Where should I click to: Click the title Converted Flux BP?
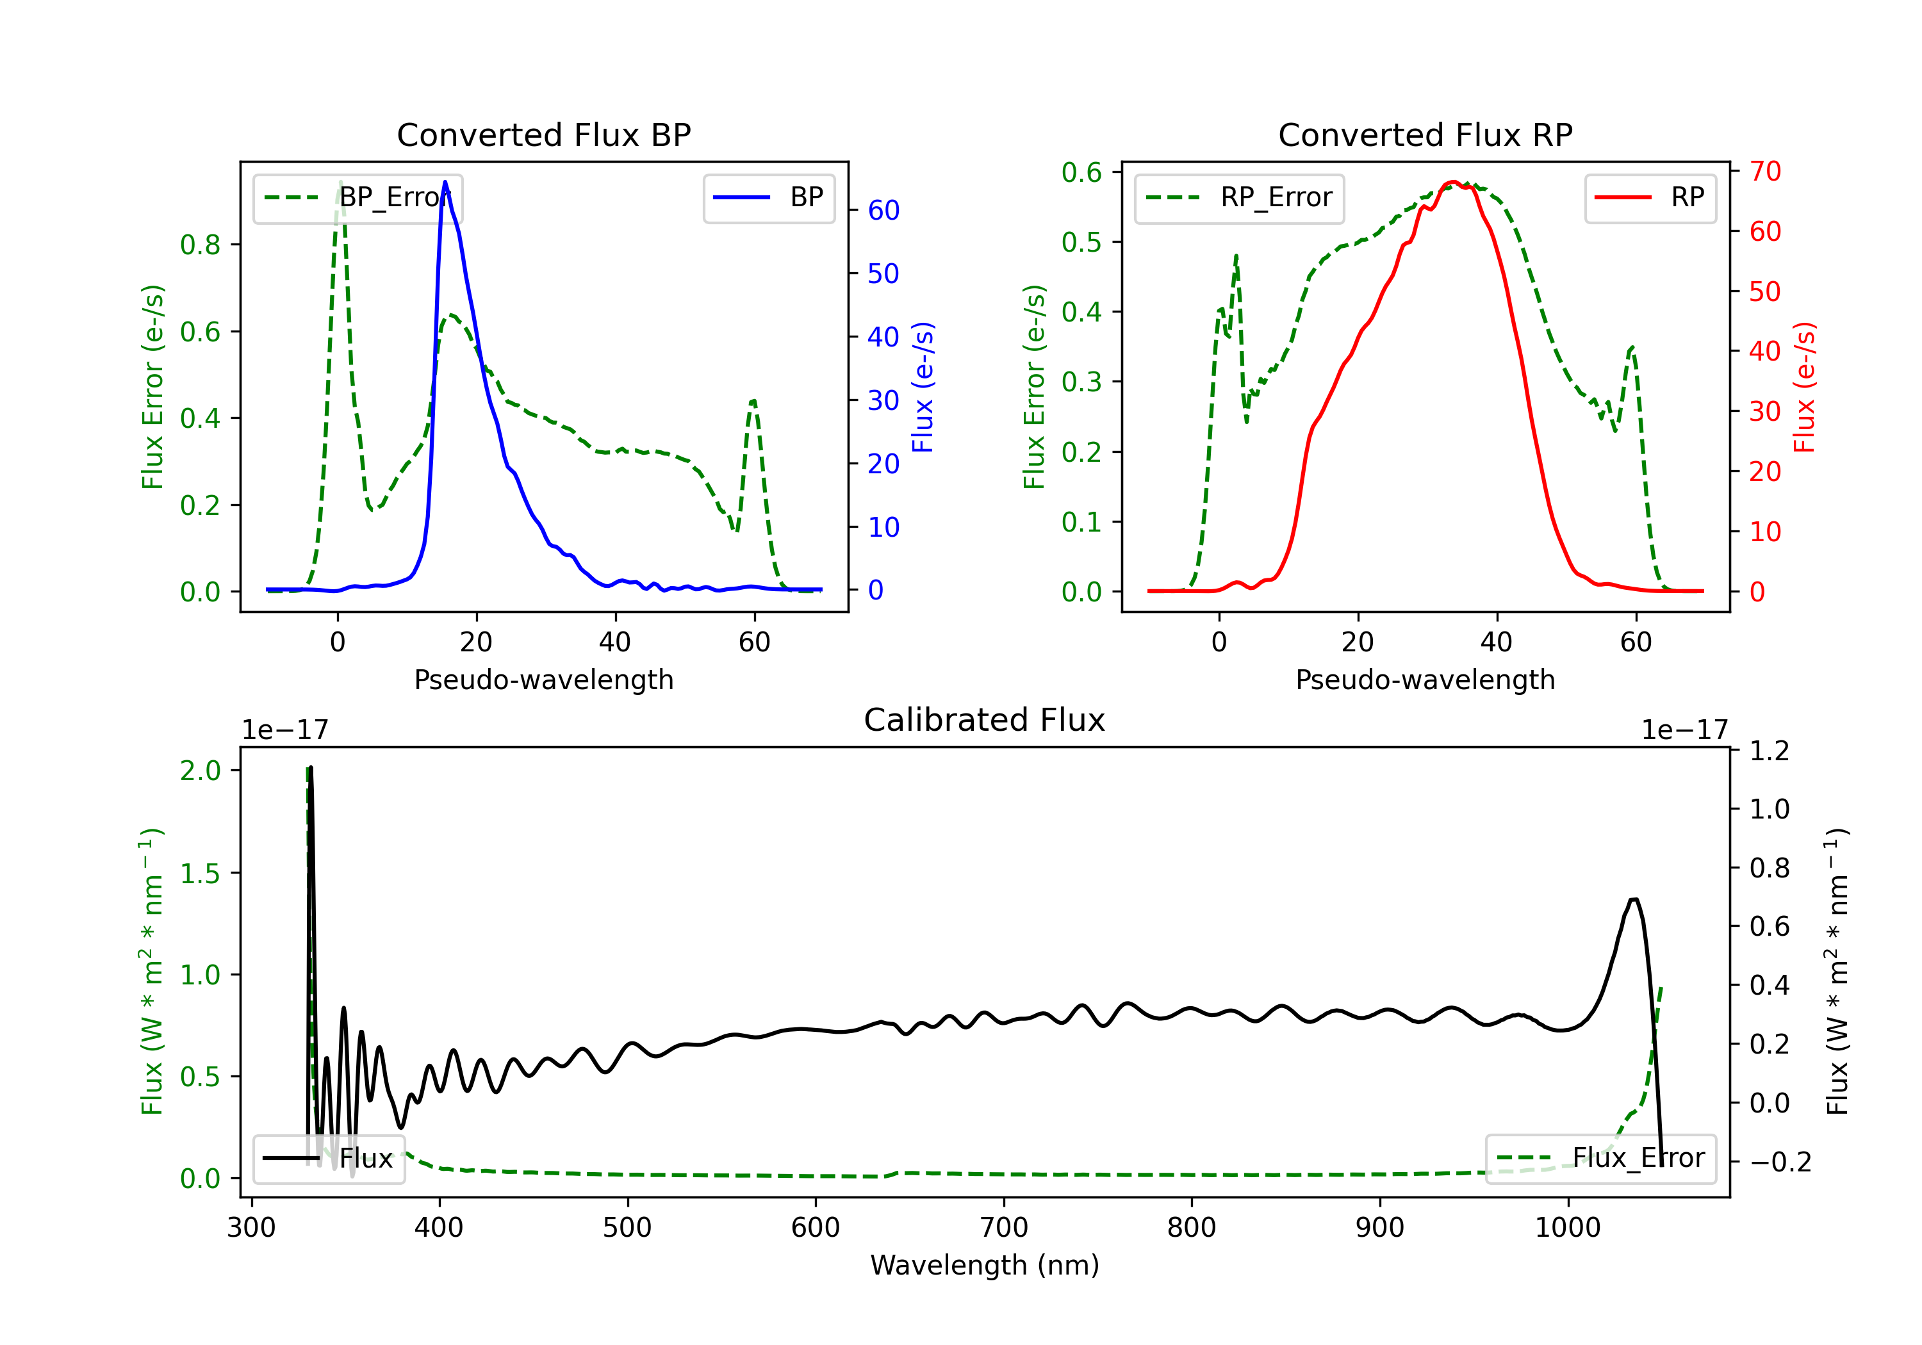coord(543,134)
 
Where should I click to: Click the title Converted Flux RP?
coord(1425,134)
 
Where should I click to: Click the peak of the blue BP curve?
coord(445,182)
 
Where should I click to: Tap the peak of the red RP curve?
coord(1452,182)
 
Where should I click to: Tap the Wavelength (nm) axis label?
coord(985,1265)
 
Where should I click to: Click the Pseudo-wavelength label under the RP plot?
coord(1425,680)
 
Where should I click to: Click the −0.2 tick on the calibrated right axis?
coord(1780,1162)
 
